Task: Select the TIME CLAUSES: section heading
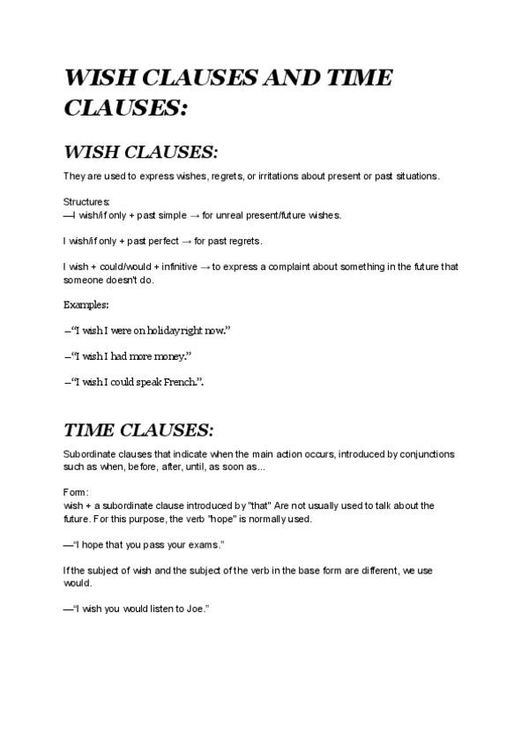click(x=138, y=430)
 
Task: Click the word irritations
click(x=277, y=176)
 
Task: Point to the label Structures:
click(x=86, y=202)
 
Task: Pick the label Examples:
click(x=86, y=304)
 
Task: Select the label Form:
click(x=75, y=491)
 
